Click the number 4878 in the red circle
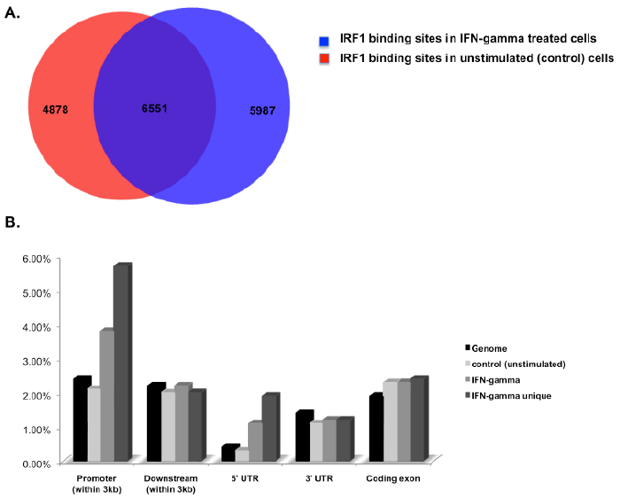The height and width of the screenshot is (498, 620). coord(55,109)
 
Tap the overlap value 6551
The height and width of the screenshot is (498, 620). coord(155,108)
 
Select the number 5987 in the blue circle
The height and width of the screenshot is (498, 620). coord(262,111)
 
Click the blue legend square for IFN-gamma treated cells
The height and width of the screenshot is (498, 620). coord(324,41)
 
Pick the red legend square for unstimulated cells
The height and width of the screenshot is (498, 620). coord(324,59)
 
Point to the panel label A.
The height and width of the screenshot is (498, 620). coord(12,13)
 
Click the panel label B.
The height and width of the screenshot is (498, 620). coord(12,222)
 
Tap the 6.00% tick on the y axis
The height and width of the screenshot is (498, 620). coord(37,259)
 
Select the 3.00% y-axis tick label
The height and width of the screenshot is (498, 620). coord(37,362)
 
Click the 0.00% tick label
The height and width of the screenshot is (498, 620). coord(37,464)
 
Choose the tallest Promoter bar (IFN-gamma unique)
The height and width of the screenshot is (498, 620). coord(122,362)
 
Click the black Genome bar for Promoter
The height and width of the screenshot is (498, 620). coord(81,418)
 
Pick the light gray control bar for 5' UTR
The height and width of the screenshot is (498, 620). coord(243,455)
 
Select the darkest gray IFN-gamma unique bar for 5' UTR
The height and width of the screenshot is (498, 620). coord(271,427)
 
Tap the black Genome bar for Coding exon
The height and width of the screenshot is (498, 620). coord(377,427)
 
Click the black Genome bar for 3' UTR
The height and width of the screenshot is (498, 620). coord(304,436)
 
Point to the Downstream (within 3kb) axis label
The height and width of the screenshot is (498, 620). coord(171,484)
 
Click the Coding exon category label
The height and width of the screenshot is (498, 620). coord(393,479)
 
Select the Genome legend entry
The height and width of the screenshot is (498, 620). coord(486,348)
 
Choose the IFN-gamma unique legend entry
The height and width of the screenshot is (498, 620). coord(508,396)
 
